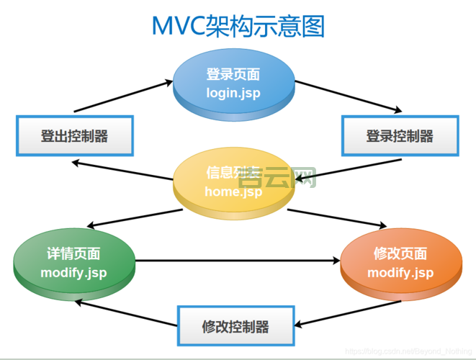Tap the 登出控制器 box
coord(74,135)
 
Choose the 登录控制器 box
coord(400,135)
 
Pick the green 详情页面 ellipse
coord(74,264)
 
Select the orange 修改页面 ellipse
coord(400,264)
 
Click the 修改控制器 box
coord(235,326)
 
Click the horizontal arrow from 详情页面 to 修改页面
coord(238,261)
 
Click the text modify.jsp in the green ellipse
coord(74,273)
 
